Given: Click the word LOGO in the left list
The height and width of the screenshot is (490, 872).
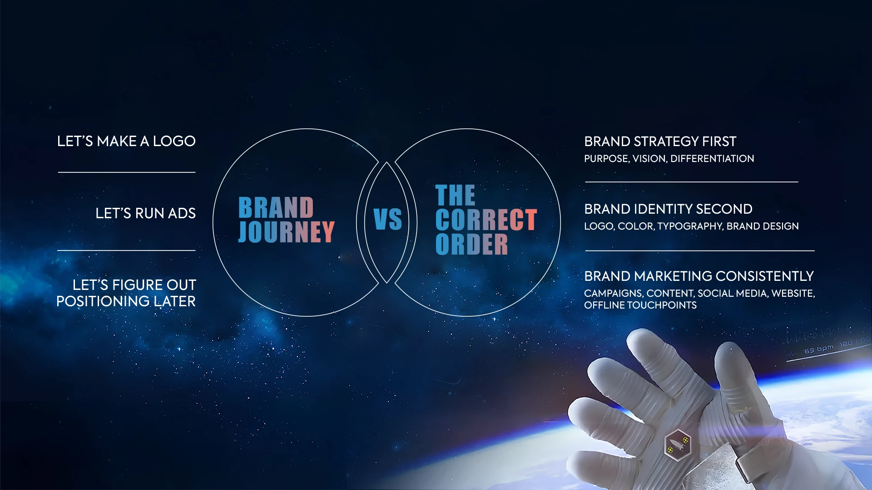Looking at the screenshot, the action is (x=174, y=141).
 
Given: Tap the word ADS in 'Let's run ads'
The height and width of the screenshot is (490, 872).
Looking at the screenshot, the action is (x=182, y=213).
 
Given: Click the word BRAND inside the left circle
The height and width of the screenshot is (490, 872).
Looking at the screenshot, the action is (x=276, y=208).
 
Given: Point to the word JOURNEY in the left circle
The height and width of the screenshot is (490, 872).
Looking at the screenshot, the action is (x=287, y=231).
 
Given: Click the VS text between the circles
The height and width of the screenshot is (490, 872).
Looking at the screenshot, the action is (x=387, y=220).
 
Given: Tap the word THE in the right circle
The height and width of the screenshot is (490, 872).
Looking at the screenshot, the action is (x=455, y=196).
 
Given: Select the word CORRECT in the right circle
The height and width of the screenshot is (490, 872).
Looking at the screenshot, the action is (x=486, y=220).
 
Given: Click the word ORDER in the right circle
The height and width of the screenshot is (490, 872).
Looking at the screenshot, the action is (x=471, y=244).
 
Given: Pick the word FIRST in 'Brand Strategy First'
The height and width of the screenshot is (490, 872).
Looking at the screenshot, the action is (x=719, y=142).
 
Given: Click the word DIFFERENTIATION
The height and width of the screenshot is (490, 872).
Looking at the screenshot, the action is (x=712, y=159).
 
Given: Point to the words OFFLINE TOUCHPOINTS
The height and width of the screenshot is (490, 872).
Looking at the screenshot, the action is (x=640, y=305).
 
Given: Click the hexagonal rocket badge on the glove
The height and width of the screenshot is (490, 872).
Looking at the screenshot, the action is (x=678, y=444).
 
